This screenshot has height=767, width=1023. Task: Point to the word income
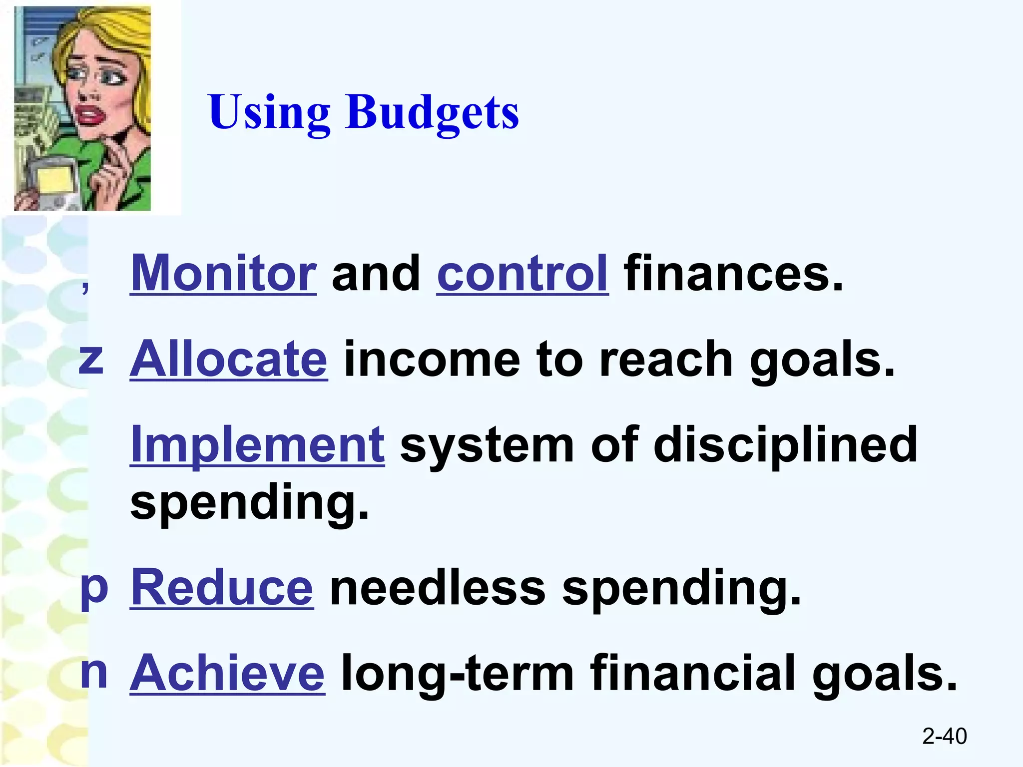pos(432,360)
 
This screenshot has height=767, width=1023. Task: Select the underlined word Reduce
pos(222,588)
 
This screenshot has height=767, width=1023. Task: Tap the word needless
pos(438,588)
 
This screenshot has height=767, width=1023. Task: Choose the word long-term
pos(457,674)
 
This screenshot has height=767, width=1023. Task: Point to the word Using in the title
pos(269,112)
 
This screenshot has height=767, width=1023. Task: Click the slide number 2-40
pos(944,736)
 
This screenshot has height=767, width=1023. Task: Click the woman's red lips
pos(89,116)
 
